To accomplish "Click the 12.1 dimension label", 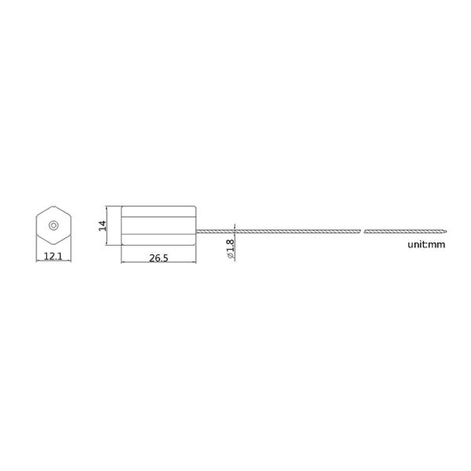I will (x=53, y=257).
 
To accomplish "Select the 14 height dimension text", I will (x=102, y=226).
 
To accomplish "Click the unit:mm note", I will (x=426, y=245).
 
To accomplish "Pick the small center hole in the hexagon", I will (x=53, y=225).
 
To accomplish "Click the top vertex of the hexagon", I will (x=53, y=206).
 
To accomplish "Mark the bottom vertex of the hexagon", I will (x=53, y=245).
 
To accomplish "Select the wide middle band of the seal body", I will (x=157, y=225).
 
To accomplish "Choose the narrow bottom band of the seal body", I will (x=157, y=240).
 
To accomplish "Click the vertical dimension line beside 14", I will (x=108, y=225).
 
